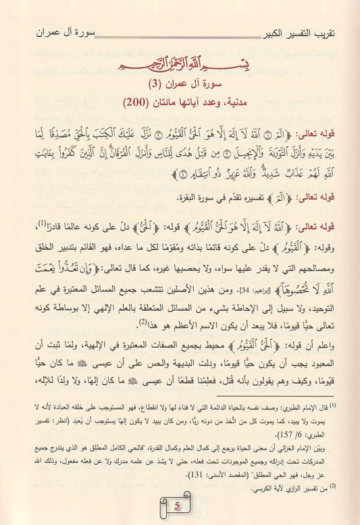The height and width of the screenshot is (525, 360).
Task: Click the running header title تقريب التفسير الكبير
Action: [x=305, y=32]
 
